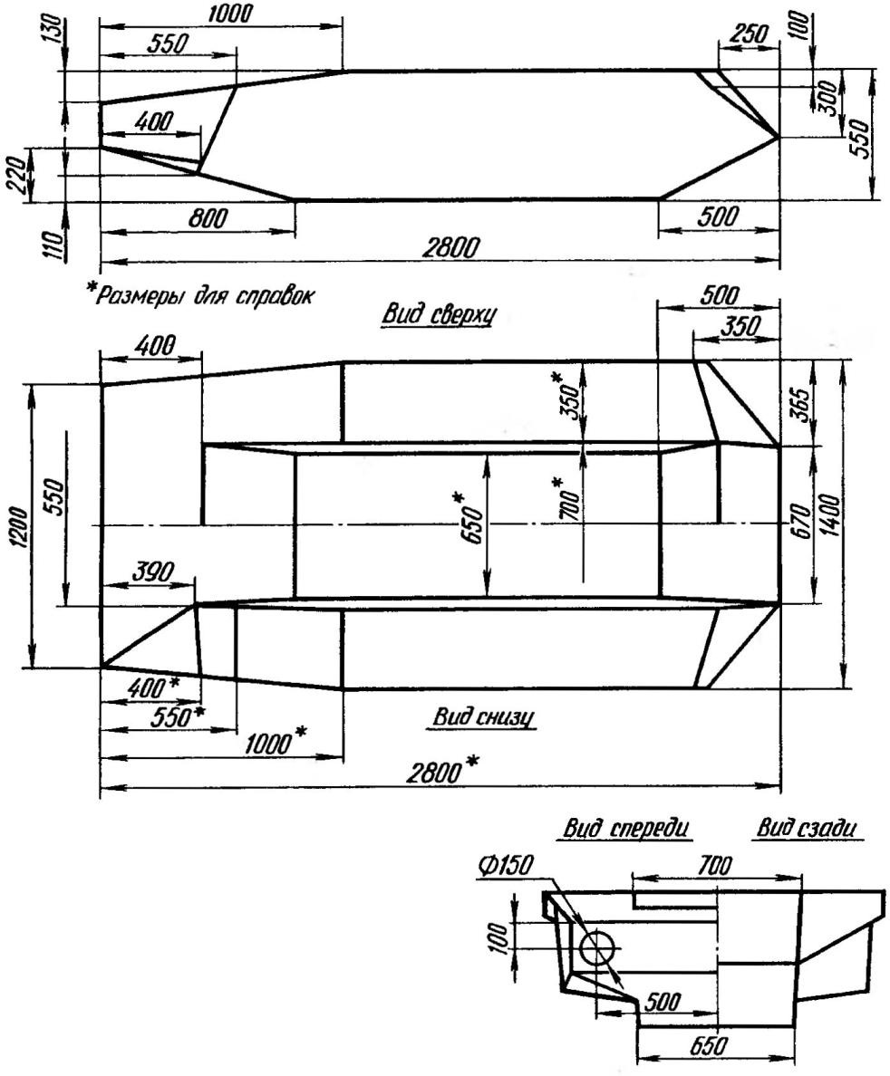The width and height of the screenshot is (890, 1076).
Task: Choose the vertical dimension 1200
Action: (x=22, y=527)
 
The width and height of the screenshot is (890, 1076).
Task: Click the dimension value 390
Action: (x=150, y=572)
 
